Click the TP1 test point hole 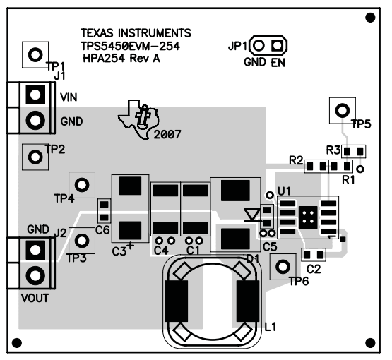(x=35, y=55)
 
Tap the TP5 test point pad (x=343, y=110)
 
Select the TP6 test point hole (x=283, y=267)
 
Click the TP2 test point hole (x=35, y=157)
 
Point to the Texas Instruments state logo (x=138, y=119)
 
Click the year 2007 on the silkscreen (x=167, y=135)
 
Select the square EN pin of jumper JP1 (x=278, y=45)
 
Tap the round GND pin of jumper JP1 (x=259, y=45)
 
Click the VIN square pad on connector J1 (x=35, y=95)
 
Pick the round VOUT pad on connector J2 (x=35, y=275)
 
